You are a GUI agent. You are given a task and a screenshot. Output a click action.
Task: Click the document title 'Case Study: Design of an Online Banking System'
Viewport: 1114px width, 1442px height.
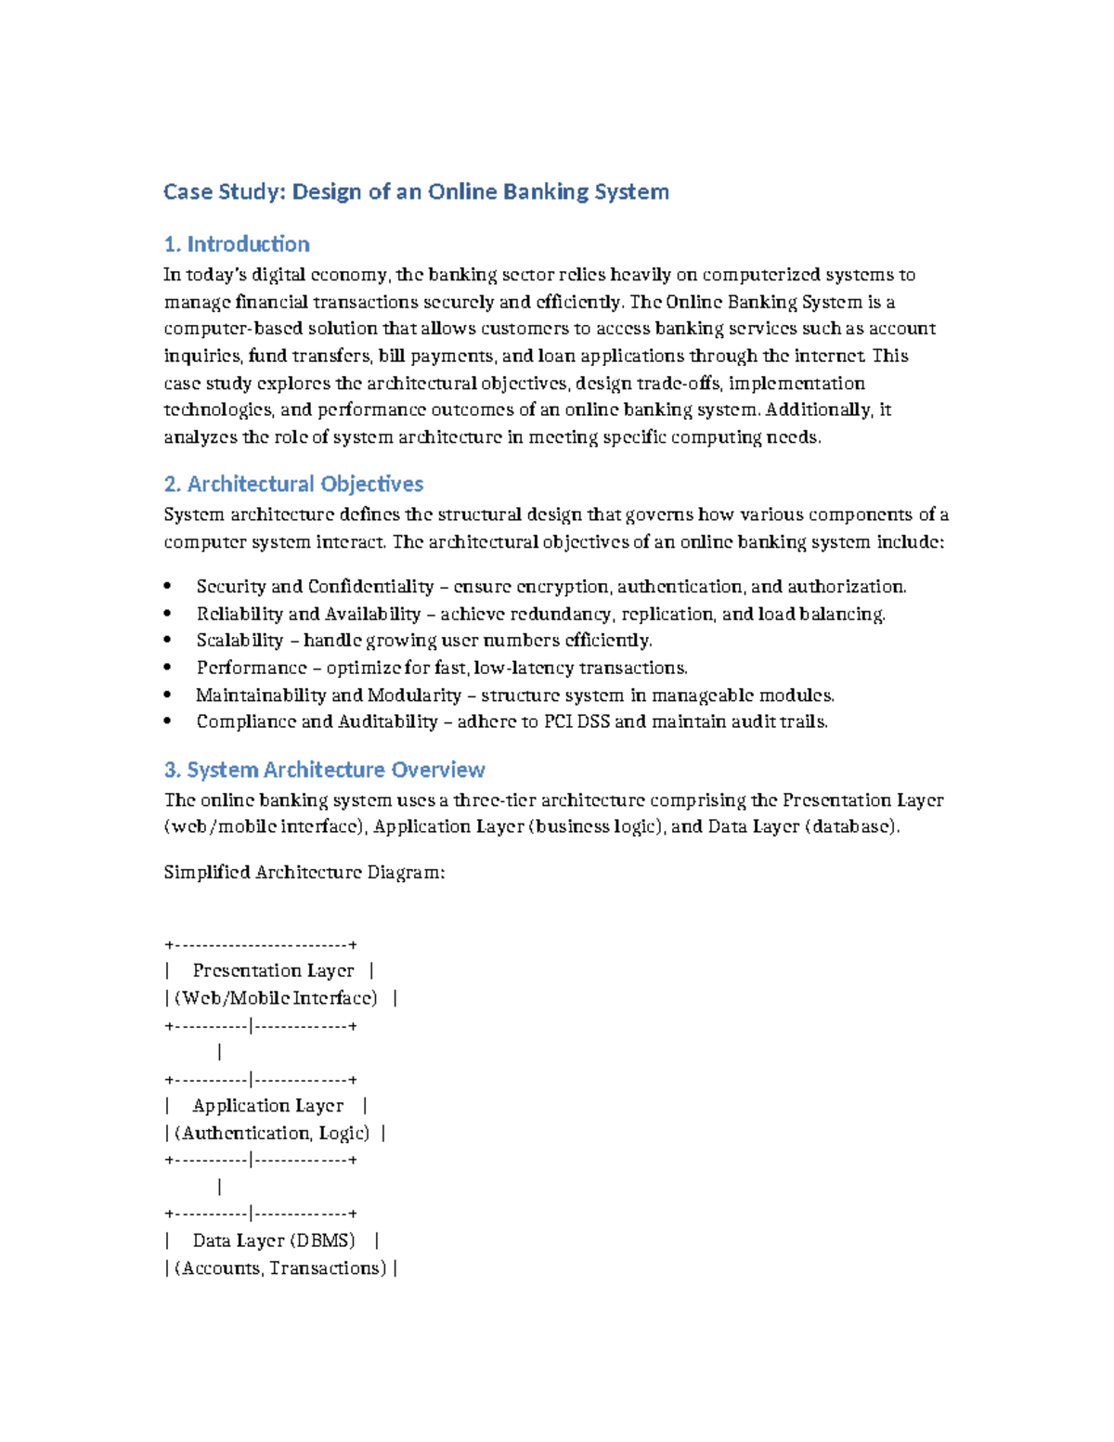(416, 192)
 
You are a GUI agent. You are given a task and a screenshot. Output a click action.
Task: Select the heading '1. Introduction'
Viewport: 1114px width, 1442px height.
(237, 244)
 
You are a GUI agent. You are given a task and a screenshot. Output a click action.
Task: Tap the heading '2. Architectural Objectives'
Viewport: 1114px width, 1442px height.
(293, 484)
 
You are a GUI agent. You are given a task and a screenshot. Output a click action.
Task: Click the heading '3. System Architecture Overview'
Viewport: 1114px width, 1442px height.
(324, 770)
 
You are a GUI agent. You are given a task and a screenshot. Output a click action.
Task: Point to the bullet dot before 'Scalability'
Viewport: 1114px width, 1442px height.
(167, 641)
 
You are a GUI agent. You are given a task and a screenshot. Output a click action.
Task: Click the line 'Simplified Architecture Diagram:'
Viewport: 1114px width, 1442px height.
(304, 872)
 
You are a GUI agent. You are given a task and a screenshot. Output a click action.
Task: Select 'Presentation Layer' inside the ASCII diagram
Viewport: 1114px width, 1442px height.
(273, 970)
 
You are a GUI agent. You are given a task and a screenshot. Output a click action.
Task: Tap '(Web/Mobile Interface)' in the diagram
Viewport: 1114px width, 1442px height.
(276, 998)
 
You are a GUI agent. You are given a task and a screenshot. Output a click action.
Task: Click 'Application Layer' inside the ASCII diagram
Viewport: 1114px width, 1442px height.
(267, 1106)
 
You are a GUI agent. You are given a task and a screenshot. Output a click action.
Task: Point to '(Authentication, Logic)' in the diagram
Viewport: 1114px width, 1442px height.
(271, 1133)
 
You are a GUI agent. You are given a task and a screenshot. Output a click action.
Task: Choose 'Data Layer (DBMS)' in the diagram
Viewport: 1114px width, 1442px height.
(273, 1241)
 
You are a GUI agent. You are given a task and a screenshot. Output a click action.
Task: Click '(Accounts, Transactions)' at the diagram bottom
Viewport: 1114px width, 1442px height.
(279, 1268)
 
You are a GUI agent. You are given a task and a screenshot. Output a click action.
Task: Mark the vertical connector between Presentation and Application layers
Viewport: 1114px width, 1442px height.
(219, 1052)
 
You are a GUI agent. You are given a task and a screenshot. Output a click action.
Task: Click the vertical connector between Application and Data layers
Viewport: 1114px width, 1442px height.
(219, 1187)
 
